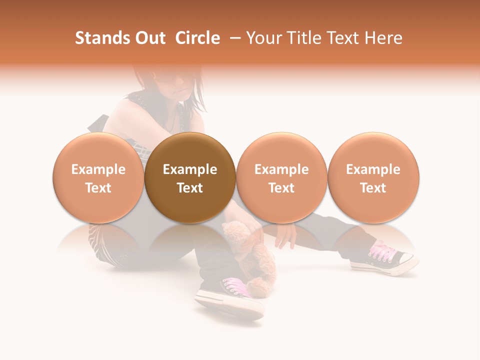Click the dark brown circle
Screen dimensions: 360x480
pos(190,177)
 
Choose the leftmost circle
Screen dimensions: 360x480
pos(98,177)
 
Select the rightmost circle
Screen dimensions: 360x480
pos(373,177)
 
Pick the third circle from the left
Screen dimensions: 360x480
pos(281,177)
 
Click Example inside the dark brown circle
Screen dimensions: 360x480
pos(190,169)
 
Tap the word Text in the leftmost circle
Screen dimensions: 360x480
pos(98,188)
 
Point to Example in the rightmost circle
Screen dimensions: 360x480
pos(373,169)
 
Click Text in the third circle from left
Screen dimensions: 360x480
pos(281,188)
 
